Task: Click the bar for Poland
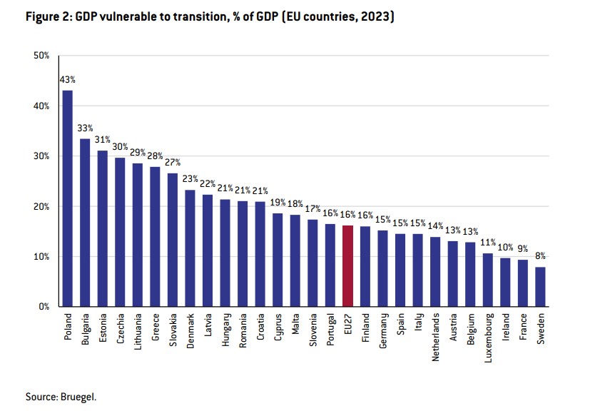[x=67, y=198]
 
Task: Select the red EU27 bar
[x=347, y=266]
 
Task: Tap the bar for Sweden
[x=540, y=287]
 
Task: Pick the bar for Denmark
[x=190, y=248]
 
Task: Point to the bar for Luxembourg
[x=488, y=280]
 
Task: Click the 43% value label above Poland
[x=67, y=80]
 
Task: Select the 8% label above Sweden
[x=540, y=256]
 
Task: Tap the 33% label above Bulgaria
[x=85, y=128]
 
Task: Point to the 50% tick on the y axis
[x=41, y=56]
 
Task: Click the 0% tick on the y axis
[x=44, y=307]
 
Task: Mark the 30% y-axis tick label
[x=41, y=156]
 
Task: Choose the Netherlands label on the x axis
[x=435, y=337]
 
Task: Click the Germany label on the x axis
[x=383, y=331]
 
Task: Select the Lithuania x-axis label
[x=137, y=332]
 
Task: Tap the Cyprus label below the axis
[x=278, y=328]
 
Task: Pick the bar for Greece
[x=155, y=237]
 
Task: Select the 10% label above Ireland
[x=505, y=248]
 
